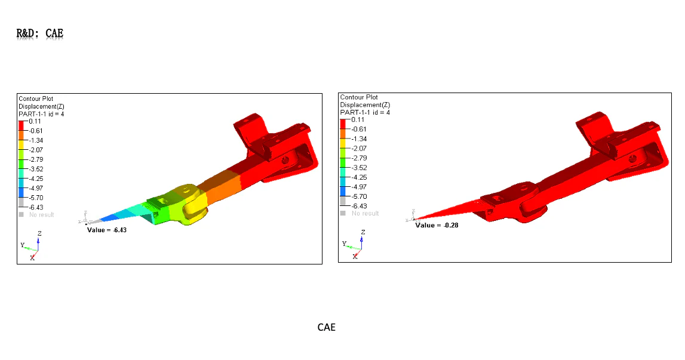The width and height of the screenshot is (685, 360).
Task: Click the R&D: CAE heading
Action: point(40,33)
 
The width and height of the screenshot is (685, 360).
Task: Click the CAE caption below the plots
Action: point(326,327)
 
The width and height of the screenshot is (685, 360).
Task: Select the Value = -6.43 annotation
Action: point(106,230)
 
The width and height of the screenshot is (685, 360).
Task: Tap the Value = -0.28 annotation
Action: point(437,226)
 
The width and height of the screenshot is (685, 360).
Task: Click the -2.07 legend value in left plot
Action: point(36,150)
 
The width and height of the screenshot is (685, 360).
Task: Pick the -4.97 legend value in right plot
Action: point(359,187)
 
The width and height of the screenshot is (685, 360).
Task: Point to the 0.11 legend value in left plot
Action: point(35,121)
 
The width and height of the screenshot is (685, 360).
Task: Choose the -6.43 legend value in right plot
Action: point(359,206)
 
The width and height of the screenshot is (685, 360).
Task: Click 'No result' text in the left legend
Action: point(41,215)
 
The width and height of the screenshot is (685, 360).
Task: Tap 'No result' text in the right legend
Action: point(365,214)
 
